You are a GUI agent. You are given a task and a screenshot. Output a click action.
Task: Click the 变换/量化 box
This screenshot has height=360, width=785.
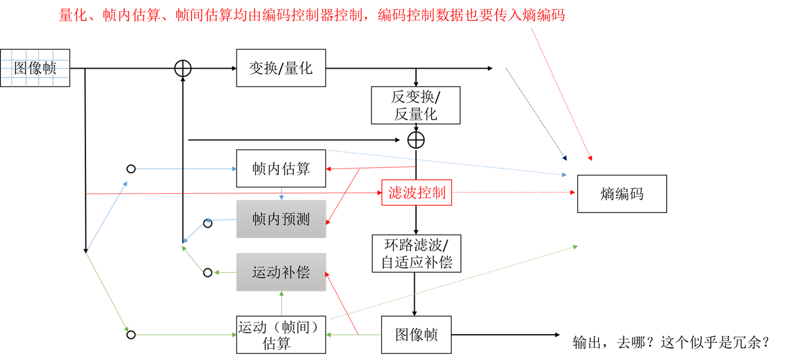tap(281, 68)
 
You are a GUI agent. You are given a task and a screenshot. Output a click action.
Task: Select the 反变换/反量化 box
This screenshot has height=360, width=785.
tap(415, 105)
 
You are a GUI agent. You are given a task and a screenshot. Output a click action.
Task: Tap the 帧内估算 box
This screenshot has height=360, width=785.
tap(281, 169)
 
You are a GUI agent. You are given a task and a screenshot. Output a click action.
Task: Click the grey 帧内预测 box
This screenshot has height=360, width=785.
tap(281, 219)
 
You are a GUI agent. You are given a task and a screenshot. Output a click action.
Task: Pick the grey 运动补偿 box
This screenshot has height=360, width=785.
tap(281, 272)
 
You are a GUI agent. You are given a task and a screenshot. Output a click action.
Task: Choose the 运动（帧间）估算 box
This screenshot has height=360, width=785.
tap(281, 335)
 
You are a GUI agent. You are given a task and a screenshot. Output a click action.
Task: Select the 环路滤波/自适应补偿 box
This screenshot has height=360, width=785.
tap(415, 253)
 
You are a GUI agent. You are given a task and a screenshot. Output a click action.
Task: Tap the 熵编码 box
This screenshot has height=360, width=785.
tap(622, 194)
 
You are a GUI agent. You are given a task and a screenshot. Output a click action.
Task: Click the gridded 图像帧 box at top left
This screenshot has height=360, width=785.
tap(35, 68)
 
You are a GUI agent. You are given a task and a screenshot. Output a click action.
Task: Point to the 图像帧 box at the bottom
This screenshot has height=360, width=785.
tap(416, 335)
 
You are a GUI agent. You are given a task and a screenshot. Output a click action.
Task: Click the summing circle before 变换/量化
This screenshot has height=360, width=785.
tap(182, 68)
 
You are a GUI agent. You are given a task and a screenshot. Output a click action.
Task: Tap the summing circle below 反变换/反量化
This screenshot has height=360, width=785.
tap(416, 140)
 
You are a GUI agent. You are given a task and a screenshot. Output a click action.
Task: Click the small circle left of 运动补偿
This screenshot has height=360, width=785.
tap(208, 273)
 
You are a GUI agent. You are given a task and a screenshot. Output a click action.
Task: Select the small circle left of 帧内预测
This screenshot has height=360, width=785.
tap(208, 223)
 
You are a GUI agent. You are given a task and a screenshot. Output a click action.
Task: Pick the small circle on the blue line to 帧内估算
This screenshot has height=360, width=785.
tap(131, 169)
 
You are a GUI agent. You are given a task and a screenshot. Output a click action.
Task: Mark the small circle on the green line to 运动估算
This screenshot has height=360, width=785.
tap(131, 335)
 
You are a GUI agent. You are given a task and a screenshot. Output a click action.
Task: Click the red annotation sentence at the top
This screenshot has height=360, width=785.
tap(312, 16)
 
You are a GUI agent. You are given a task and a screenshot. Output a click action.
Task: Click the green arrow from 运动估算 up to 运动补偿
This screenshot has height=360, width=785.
tap(281, 303)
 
